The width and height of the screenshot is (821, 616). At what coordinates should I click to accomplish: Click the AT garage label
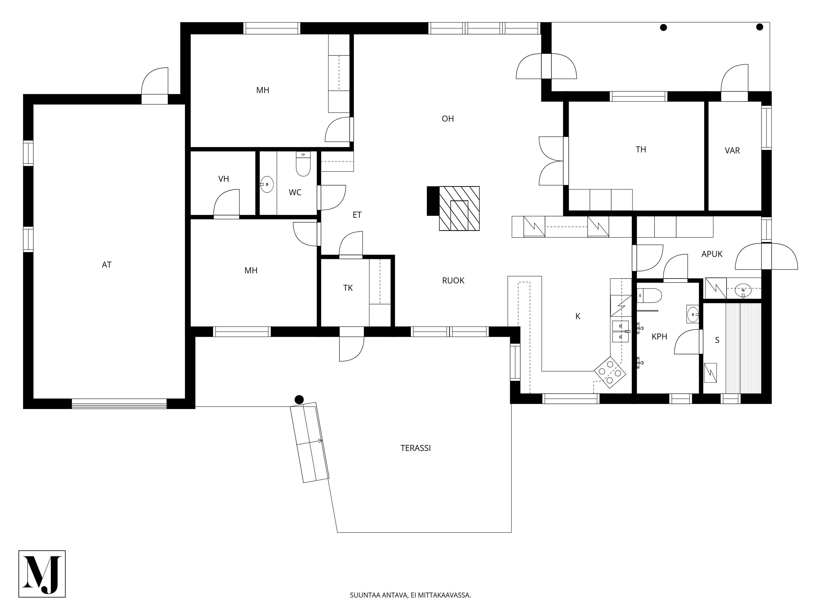click(x=107, y=265)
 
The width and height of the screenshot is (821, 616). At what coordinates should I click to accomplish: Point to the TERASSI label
click(x=416, y=448)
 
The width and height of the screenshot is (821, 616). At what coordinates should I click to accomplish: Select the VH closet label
click(x=224, y=179)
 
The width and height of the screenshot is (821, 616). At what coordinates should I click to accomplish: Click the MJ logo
click(x=42, y=574)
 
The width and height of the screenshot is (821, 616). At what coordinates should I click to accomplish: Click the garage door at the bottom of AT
click(x=119, y=404)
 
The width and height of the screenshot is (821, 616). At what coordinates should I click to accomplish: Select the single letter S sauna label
click(x=717, y=340)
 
